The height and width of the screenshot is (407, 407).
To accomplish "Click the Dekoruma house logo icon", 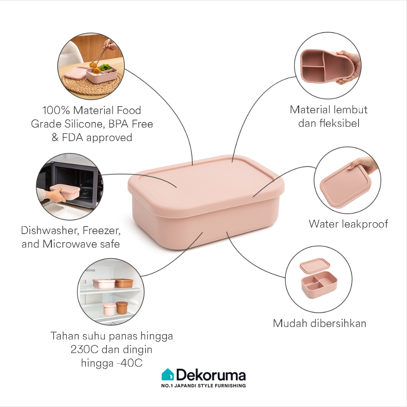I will (167, 375).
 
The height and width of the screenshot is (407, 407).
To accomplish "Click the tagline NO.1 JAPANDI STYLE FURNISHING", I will (203, 386).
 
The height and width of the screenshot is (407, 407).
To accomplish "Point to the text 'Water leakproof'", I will (348, 224).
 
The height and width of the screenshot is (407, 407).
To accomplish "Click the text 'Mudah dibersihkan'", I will (319, 323).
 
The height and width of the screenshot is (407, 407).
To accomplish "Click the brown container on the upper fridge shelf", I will (124, 283).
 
